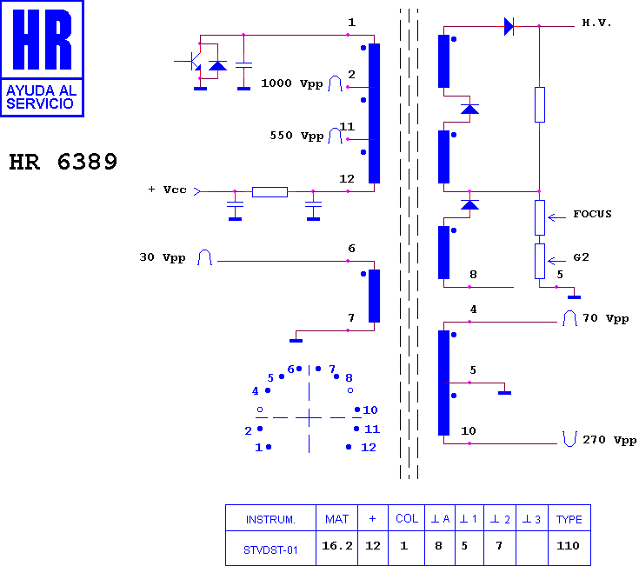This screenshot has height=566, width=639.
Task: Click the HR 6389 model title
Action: (63, 162)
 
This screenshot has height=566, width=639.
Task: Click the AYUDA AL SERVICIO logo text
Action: (41, 97)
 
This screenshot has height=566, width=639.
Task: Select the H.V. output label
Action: (596, 23)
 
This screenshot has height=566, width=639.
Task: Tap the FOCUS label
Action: (592, 214)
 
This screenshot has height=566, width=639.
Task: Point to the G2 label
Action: (581, 257)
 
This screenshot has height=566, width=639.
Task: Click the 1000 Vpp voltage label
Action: (292, 83)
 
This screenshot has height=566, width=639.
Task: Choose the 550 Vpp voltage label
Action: (296, 136)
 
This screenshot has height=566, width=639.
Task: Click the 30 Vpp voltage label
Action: (163, 257)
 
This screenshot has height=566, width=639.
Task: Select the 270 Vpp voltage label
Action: (609, 440)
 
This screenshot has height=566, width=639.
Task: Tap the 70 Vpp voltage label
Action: (606, 318)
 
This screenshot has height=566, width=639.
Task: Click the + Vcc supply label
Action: (167, 190)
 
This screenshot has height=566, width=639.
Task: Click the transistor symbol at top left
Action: (193, 61)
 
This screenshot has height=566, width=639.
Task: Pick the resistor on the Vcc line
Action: (270, 191)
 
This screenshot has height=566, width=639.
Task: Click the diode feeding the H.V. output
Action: (509, 26)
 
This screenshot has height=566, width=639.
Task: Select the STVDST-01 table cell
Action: (270, 550)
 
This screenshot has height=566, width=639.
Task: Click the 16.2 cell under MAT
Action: (337, 546)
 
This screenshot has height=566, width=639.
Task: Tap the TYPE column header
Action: (569, 520)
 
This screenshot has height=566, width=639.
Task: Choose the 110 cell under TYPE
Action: (568, 546)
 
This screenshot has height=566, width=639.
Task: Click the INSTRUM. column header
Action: (270, 520)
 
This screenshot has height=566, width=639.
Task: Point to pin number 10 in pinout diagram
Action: (370, 410)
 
